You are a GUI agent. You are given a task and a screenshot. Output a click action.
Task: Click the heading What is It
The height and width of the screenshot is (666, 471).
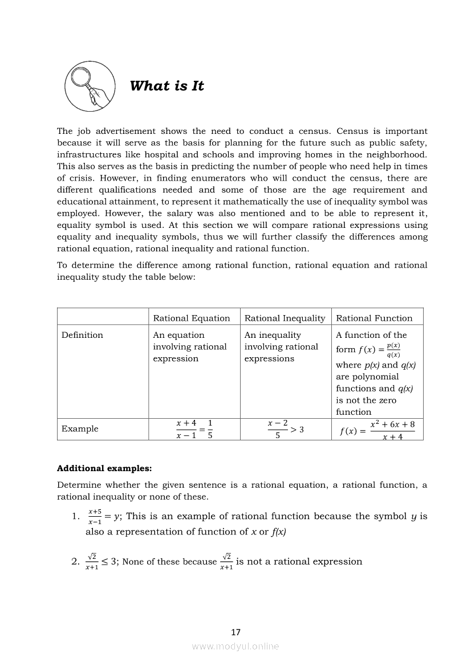point(167,86)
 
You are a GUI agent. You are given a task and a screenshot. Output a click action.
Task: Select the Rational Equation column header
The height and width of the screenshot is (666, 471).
point(191,318)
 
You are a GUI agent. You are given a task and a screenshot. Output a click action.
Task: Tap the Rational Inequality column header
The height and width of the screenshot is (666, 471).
point(285,318)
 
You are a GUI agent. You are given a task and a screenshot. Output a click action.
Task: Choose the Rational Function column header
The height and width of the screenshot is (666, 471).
point(374,318)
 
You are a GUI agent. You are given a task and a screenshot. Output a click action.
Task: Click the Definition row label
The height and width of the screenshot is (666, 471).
point(82,335)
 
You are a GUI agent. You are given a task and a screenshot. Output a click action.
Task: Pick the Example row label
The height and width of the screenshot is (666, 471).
point(80,428)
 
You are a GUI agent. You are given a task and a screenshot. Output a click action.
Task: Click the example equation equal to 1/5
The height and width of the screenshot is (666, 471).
point(194,429)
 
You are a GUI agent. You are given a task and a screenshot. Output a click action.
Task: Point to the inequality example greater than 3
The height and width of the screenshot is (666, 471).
point(285,429)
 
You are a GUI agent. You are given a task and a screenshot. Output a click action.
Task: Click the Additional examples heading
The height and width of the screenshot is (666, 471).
point(104,469)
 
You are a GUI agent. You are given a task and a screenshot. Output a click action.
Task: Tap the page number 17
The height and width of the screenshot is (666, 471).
point(236,632)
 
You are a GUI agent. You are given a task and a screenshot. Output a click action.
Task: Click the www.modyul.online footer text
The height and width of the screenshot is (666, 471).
point(235,646)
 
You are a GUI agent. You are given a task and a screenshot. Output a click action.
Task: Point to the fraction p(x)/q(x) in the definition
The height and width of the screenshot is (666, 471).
point(393,350)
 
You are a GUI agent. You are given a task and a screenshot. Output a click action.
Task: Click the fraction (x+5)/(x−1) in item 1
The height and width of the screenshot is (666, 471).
point(95,517)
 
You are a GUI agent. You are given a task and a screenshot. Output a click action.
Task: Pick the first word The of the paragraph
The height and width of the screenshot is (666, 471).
point(64,131)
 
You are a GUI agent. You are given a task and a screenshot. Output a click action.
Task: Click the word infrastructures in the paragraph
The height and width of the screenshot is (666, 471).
point(88,154)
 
